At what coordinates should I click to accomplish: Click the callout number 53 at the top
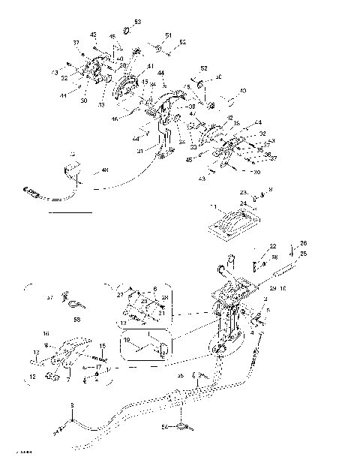137,22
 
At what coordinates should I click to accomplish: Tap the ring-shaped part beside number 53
127,31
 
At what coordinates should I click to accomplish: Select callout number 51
168,35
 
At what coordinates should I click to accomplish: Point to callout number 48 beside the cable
104,170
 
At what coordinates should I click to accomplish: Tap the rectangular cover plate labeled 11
232,224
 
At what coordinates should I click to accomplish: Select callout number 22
273,246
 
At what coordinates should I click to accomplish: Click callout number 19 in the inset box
127,340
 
